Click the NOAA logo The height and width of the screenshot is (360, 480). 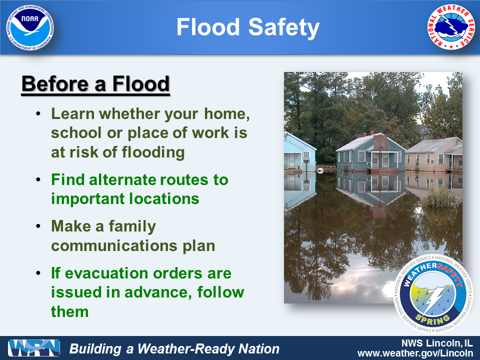(30, 28)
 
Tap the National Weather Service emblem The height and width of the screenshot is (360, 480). (451, 27)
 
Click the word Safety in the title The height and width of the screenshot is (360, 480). (284, 27)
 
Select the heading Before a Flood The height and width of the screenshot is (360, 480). (95, 84)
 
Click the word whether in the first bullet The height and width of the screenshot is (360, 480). (129, 114)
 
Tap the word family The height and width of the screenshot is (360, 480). (132, 227)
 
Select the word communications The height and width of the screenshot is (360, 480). (114, 246)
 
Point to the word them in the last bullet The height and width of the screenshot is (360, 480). (70, 311)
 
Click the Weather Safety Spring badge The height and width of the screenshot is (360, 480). (433, 294)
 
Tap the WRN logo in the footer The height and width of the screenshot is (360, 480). (34, 348)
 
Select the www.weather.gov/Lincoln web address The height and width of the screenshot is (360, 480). (415, 353)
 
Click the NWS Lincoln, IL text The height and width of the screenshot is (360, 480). (437, 343)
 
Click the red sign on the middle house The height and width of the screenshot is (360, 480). (380, 142)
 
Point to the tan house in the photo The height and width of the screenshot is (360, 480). (434, 154)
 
